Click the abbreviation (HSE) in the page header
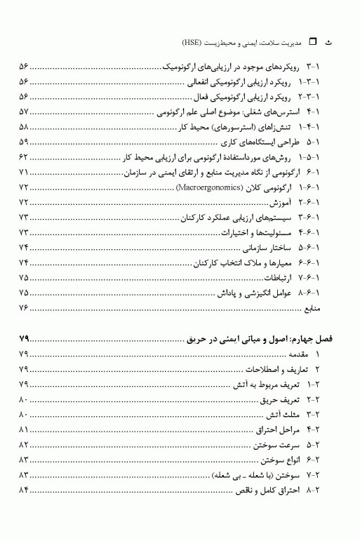click(x=206, y=42)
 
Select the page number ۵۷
click(x=24, y=112)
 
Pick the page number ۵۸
click(x=24, y=127)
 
